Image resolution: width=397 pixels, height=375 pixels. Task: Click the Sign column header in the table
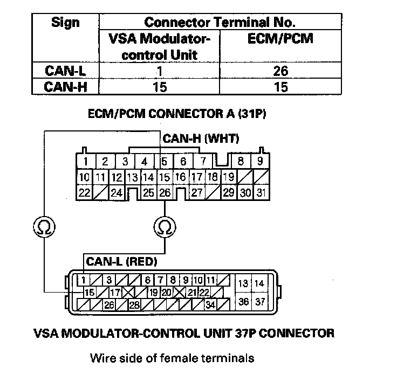65,23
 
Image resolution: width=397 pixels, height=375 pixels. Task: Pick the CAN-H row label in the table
65,87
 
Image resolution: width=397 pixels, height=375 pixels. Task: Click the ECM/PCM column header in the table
280,39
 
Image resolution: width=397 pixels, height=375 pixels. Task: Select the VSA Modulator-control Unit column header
160,46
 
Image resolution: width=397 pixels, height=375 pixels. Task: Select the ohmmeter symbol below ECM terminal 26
164,227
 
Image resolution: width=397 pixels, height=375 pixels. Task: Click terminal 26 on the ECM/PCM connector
165,192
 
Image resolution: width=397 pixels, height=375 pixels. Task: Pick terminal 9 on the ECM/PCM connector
259,161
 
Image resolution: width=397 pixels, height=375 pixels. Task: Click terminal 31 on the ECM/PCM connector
261,192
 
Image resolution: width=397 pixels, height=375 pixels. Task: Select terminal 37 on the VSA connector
260,301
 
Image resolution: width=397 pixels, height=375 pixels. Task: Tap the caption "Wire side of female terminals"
172,357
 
